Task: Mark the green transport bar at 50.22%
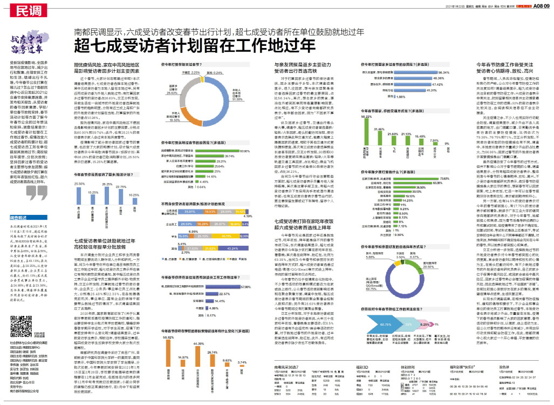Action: coord(366,134)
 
